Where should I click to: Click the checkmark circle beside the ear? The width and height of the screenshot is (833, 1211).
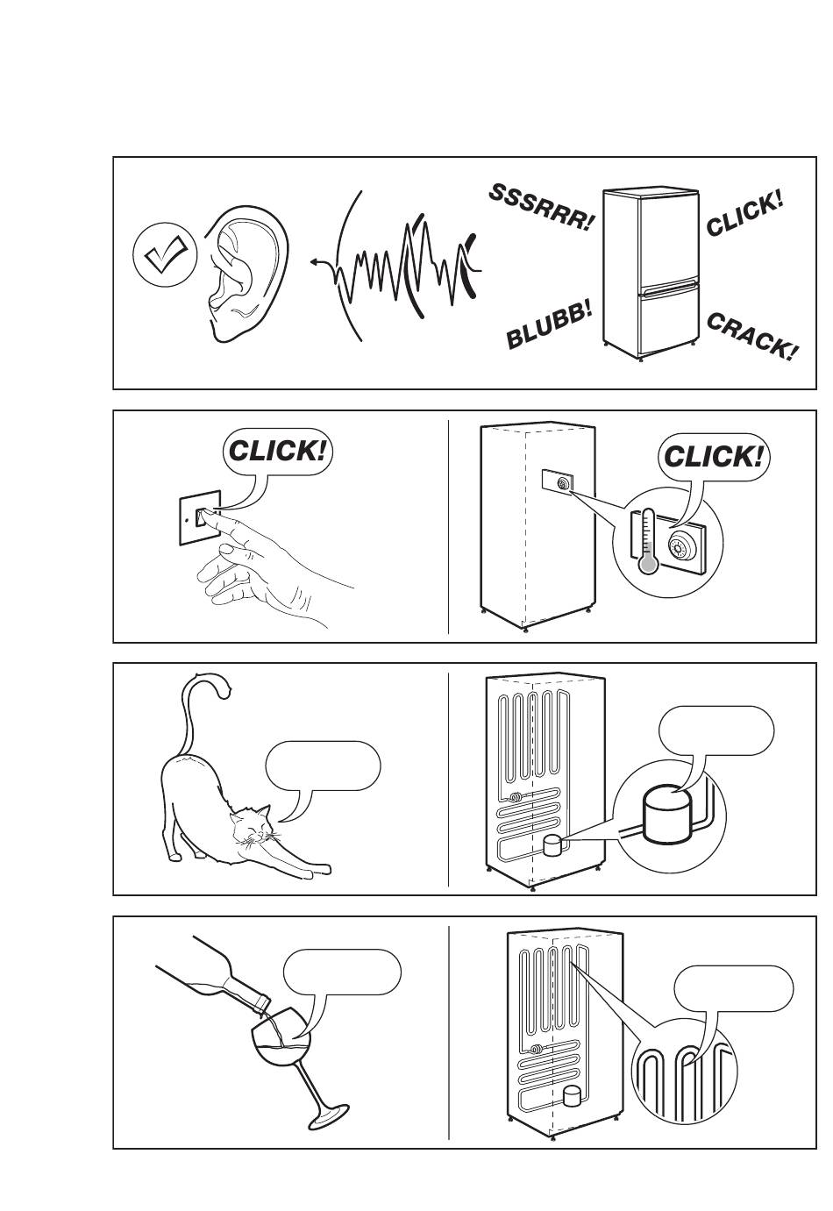165,256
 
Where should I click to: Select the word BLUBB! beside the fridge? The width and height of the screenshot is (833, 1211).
549,325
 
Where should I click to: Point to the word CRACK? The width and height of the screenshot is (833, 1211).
751,338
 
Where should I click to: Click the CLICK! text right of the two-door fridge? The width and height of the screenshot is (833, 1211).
744,214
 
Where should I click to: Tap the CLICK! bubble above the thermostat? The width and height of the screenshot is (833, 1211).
713,456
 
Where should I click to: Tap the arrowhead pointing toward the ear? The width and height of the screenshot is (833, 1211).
314,261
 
